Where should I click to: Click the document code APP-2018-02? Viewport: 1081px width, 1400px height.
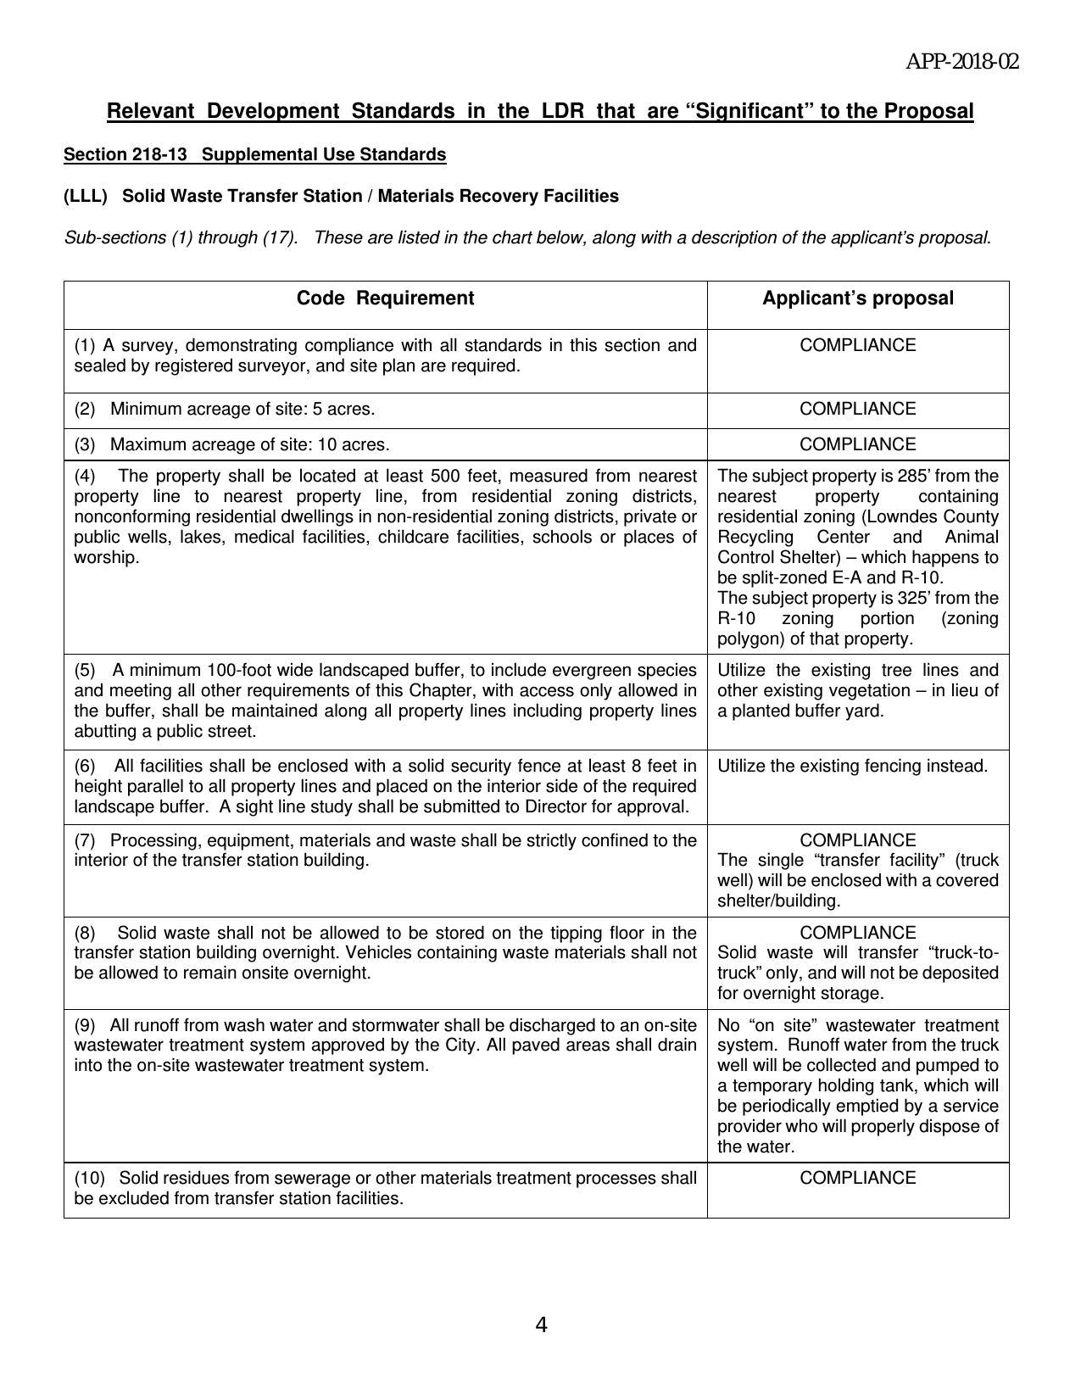962,62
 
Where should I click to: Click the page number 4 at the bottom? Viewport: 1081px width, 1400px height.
541,1325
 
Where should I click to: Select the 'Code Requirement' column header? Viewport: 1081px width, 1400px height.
385,298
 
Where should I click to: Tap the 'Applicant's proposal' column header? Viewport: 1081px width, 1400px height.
857,298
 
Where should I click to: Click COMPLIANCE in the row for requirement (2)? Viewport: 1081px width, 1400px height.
857,409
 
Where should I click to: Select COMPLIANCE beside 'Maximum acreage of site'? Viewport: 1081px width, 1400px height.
857,444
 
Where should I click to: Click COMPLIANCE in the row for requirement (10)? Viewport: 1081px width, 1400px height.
857,1178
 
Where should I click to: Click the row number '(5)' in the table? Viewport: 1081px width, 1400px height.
85,670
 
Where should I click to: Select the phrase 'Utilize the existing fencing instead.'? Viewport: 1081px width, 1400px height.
852,766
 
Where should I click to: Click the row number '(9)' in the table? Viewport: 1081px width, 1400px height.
85,1024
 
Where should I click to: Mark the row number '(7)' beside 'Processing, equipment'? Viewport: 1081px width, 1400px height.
85,840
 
